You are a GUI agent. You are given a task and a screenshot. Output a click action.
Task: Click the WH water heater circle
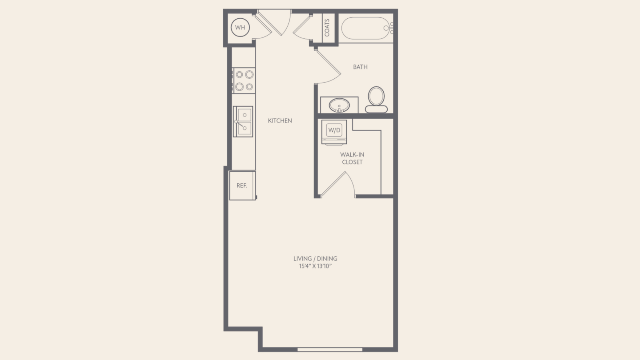coord(240,28)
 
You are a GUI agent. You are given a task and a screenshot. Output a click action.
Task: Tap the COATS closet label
coord(327,28)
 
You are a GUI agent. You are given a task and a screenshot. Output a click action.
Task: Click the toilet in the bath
coord(376,100)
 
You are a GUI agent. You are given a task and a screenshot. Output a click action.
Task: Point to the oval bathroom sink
coord(339,105)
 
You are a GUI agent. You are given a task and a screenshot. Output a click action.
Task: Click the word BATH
coord(360,67)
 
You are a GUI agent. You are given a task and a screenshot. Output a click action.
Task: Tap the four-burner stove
coord(244,80)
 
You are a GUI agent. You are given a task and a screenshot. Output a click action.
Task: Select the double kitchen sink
coord(243,122)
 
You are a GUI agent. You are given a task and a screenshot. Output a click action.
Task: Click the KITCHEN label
coord(280,121)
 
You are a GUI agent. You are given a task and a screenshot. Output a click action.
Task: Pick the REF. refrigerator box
coord(242,186)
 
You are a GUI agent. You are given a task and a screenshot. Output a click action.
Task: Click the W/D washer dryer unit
coord(334,132)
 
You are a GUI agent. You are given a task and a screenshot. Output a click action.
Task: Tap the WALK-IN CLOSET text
coord(352,158)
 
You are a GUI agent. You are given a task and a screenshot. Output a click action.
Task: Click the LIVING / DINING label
coord(316,258)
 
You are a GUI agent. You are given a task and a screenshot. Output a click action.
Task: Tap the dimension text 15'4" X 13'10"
coord(316,266)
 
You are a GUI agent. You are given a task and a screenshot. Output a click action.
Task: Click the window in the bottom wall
coord(330,350)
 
